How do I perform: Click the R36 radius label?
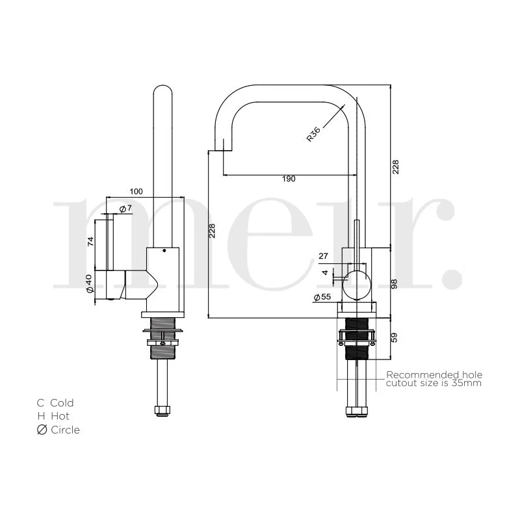pyautogui.click(x=313, y=134)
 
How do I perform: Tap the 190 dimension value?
pyautogui.click(x=289, y=179)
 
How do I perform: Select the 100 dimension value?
pyautogui.click(x=136, y=191)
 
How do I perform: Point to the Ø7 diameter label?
pyautogui.click(x=125, y=209)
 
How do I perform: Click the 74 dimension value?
pyautogui.click(x=90, y=241)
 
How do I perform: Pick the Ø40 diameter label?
pyautogui.click(x=89, y=283)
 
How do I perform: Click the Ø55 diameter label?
pyautogui.click(x=322, y=297)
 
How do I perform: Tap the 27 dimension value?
pyautogui.click(x=323, y=256)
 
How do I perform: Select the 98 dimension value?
pyautogui.click(x=394, y=283)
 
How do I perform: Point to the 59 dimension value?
pyautogui.click(x=394, y=337)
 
